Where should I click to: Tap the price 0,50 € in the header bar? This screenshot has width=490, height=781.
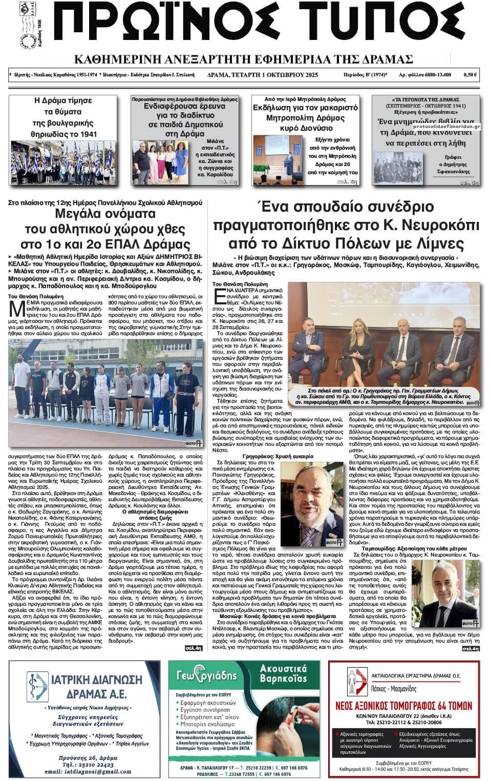(470, 75)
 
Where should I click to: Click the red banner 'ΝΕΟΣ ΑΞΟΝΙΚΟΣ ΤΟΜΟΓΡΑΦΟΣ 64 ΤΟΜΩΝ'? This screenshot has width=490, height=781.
(404, 705)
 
